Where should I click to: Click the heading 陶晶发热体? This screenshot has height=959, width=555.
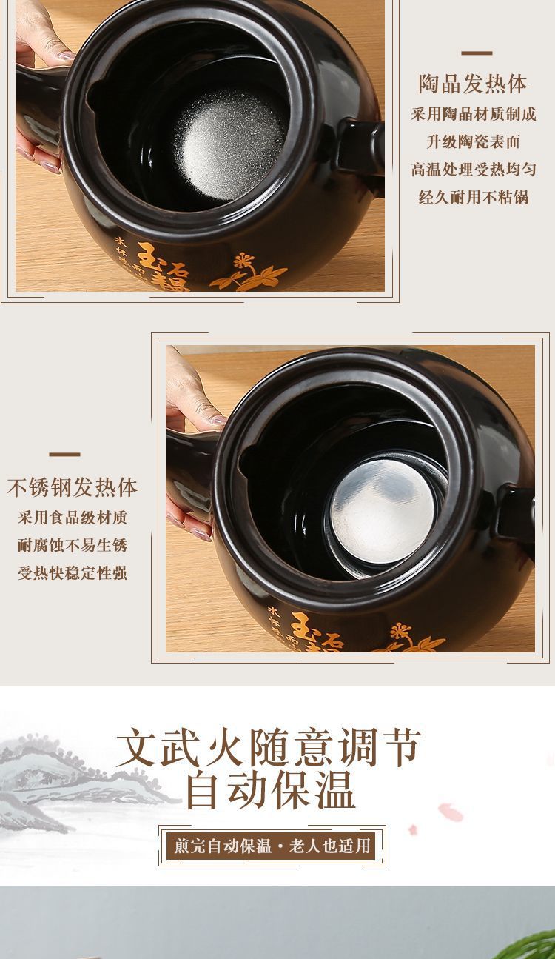tap(473, 84)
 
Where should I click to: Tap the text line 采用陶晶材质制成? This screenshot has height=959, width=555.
tap(473, 114)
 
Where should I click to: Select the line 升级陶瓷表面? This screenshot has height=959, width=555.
tap(473, 141)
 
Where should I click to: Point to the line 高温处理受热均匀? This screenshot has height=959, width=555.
tap(473, 170)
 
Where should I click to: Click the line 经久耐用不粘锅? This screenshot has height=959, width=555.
tap(473, 198)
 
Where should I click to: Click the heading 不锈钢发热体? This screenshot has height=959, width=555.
tap(73, 487)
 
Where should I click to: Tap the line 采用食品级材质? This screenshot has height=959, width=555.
tap(73, 518)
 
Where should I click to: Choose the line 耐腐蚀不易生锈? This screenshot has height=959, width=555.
tap(73, 546)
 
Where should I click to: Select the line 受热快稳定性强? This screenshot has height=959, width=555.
tap(73, 573)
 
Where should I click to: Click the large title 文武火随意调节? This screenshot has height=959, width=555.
tap(269, 748)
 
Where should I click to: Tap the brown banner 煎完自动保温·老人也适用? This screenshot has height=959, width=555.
tap(272, 846)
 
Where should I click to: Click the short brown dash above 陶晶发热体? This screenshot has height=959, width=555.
tap(477, 53)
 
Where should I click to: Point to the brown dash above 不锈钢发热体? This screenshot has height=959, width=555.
tap(64, 455)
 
